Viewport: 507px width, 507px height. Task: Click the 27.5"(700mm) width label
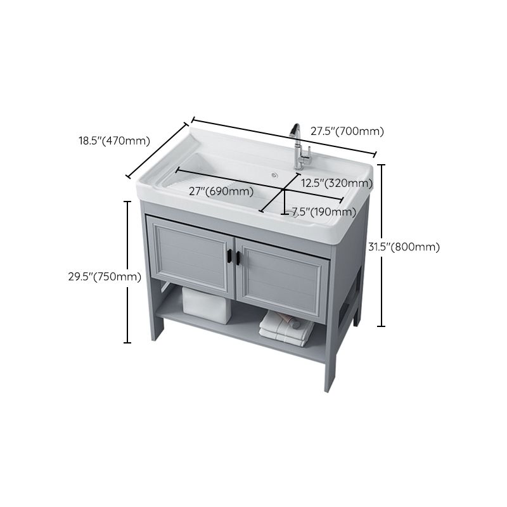pyautogui.click(x=347, y=132)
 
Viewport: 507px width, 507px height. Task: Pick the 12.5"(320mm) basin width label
pyautogui.click(x=337, y=183)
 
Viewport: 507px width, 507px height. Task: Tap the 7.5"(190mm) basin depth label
pyautogui.click(x=324, y=212)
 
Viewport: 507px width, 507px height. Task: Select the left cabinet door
pyautogui.click(x=190, y=256)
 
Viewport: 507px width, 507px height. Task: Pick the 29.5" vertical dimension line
pyautogui.click(x=128, y=273)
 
